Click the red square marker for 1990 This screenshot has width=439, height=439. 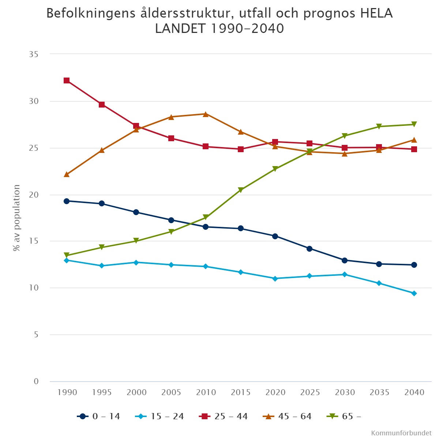click(67, 80)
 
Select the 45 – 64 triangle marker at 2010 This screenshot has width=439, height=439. click(206, 114)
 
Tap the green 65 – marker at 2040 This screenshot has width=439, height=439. click(414, 124)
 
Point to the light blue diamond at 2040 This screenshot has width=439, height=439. click(414, 293)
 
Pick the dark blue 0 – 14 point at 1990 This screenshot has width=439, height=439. click(67, 201)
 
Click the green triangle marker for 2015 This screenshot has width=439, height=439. click(241, 190)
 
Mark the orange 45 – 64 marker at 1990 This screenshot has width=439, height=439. click(67, 175)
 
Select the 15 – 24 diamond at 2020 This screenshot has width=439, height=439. click(275, 278)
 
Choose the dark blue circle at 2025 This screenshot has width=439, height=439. click(309, 249)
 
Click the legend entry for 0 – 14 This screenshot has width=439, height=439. click(99, 416)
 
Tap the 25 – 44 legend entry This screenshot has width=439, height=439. click(224, 416)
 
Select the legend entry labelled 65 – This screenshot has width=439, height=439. click(344, 416)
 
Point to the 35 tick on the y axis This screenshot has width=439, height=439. click(34, 55)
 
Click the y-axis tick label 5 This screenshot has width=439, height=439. click(36, 335)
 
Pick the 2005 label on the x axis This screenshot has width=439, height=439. click(171, 393)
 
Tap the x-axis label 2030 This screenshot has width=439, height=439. click(345, 393)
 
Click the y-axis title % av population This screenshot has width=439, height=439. click(16, 218)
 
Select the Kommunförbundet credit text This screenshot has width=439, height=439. click(401, 433)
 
